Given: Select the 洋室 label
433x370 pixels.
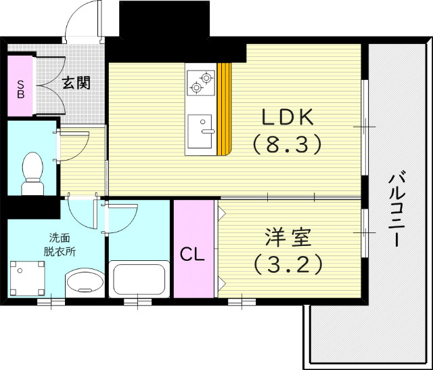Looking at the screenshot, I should (288, 238).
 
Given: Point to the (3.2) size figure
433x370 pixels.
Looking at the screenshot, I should (287, 263).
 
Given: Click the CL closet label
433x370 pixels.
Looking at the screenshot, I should (192, 255).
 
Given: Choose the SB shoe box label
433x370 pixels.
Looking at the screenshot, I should (20, 89).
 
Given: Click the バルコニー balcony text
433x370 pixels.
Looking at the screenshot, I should (398, 210).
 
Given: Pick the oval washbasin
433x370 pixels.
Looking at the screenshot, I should (84, 281).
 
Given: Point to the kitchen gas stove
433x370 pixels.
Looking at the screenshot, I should (201, 81).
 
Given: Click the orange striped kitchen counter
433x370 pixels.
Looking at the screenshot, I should (225, 108).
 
